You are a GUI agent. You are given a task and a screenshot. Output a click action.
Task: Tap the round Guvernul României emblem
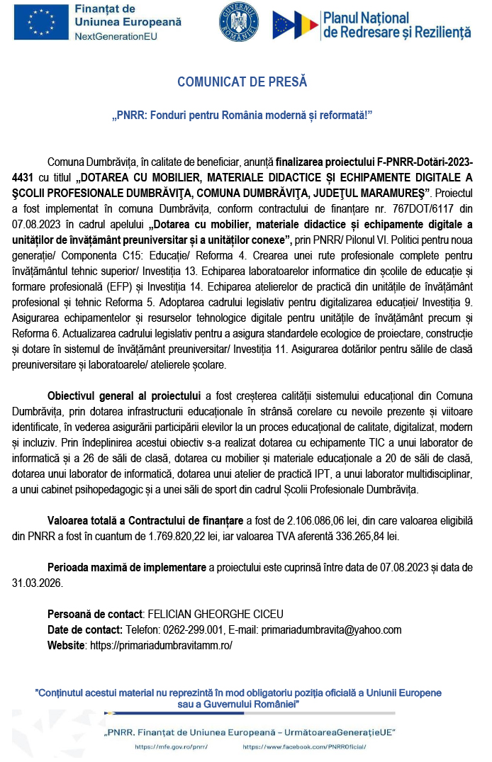(x=239, y=23)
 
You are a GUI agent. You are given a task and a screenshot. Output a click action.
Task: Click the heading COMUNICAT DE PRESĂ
(x=242, y=82)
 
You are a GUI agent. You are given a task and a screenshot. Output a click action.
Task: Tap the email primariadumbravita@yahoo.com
(x=332, y=629)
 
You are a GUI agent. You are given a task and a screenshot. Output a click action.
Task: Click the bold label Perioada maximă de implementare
(x=126, y=568)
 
